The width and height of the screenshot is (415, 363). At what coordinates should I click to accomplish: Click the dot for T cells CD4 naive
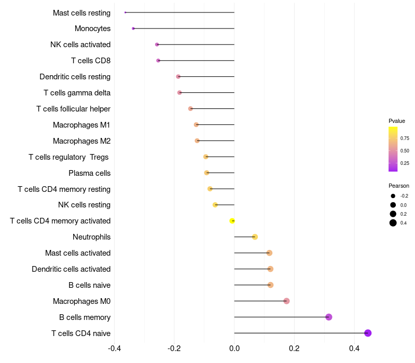pyautogui.click(x=368, y=333)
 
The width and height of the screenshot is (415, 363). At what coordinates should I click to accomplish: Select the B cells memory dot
pyautogui.click(x=328, y=317)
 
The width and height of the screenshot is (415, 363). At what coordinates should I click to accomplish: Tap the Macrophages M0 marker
pyautogui.click(x=286, y=301)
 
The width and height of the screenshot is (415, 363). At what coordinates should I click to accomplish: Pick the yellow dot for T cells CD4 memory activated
pyautogui.click(x=232, y=221)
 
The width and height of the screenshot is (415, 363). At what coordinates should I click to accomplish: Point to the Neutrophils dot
pyautogui.click(x=255, y=237)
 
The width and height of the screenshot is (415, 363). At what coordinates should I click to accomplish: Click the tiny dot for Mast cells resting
pyautogui.click(x=126, y=12)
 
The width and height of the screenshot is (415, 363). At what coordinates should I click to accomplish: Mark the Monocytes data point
pyautogui.click(x=133, y=29)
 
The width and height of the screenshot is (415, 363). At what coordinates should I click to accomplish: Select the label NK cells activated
pyautogui.click(x=80, y=45)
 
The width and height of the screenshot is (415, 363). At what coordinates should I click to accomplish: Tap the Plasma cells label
pyautogui.click(x=89, y=173)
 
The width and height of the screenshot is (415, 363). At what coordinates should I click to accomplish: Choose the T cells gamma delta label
pyautogui.click(x=77, y=93)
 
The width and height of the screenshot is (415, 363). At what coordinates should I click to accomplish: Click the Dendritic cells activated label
pyautogui.click(x=71, y=269)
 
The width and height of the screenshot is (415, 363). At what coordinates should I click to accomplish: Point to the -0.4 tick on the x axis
pyautogui.click(x=115, y=348)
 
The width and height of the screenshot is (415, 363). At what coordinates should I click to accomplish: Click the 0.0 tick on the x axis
pyautogui.click(x=234, y=348)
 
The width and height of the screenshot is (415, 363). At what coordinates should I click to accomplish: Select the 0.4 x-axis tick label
pyautogui.click(x=354, y=348)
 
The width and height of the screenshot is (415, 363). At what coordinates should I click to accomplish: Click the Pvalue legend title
pyautogui.click(x=397, y=121)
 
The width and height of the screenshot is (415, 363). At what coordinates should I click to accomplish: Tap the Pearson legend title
pyautogui.click(x=398, y=186)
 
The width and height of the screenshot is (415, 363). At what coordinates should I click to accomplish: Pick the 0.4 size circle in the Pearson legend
pyautogui.click(x=393, y=223)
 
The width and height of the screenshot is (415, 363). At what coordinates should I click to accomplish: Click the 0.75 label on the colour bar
pyautogui.click(x=405, y=138)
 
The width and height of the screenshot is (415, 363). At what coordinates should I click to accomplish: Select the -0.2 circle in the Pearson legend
pyautogui.click(x=393, y=196)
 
